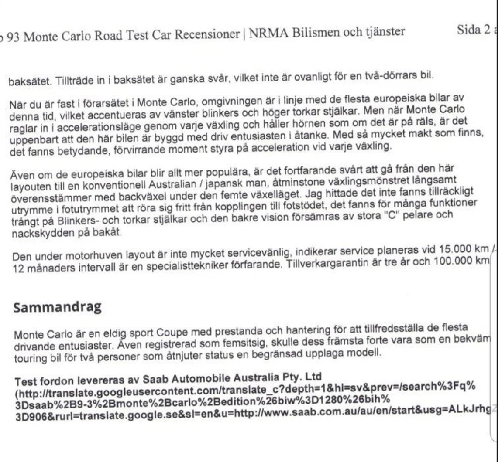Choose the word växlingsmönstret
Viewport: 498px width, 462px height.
click(348, 187)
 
